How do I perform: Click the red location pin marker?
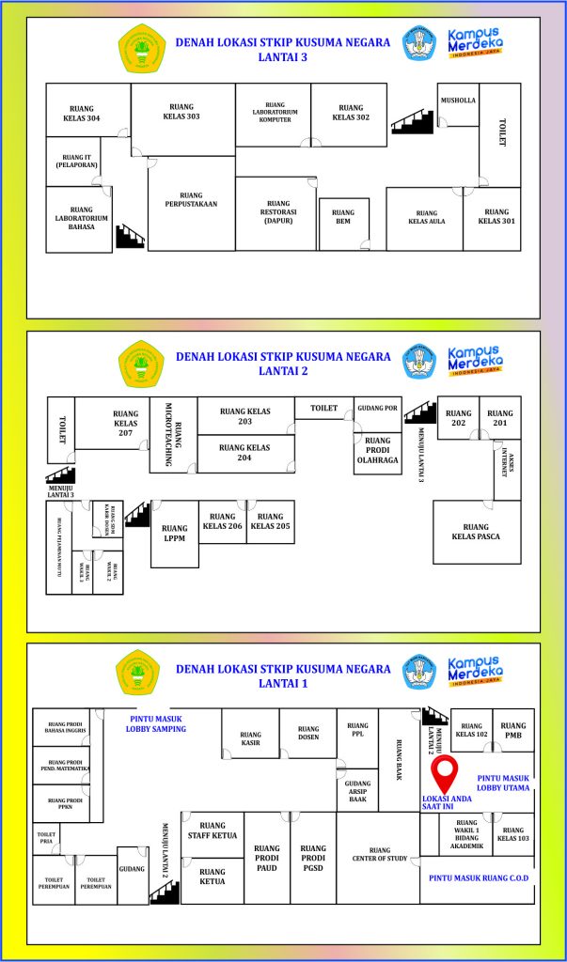tap(445, 774)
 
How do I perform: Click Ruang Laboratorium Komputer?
tap(274, 113)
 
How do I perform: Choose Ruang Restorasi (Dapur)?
tap(277, 212)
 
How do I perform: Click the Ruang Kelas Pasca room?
tap(476, 532)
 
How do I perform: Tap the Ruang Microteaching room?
tap(173, 433)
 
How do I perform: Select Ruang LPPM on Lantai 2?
tap(175, 534)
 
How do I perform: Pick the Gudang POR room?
tap(377, 409)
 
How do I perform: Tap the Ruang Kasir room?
tap(250, 738)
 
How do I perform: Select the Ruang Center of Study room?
tap(379, 854)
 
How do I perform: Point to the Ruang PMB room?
tap(513, 730)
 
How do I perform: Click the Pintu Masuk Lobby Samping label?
tap(156, 723)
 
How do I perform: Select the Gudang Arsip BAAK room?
tap(357, 791)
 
